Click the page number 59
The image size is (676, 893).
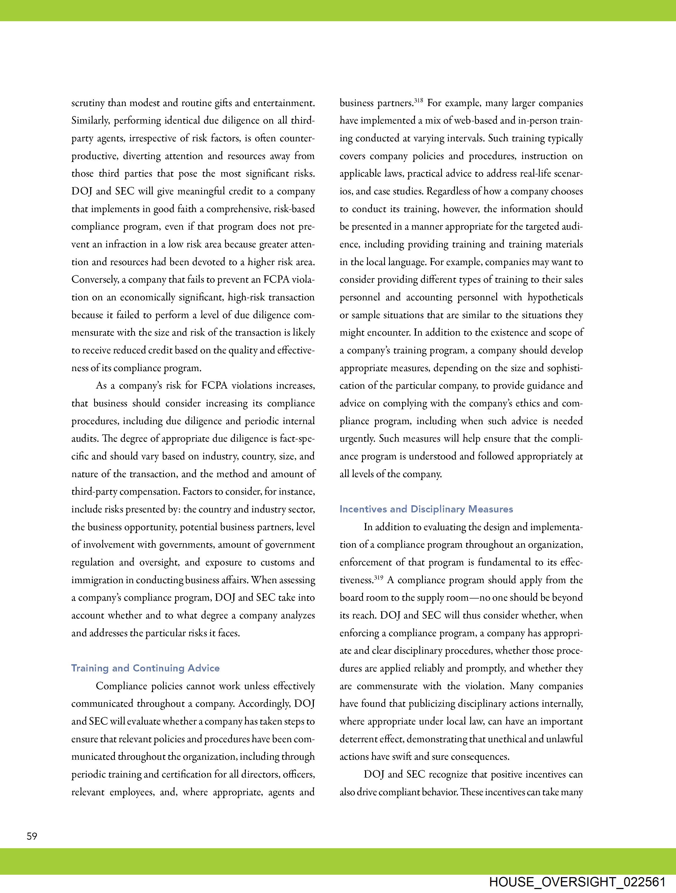(32, 836)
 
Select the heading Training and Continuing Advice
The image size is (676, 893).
(145, 668)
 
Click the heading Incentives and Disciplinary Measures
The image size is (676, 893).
(426, 509)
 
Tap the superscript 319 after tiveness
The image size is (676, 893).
(378, 578)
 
